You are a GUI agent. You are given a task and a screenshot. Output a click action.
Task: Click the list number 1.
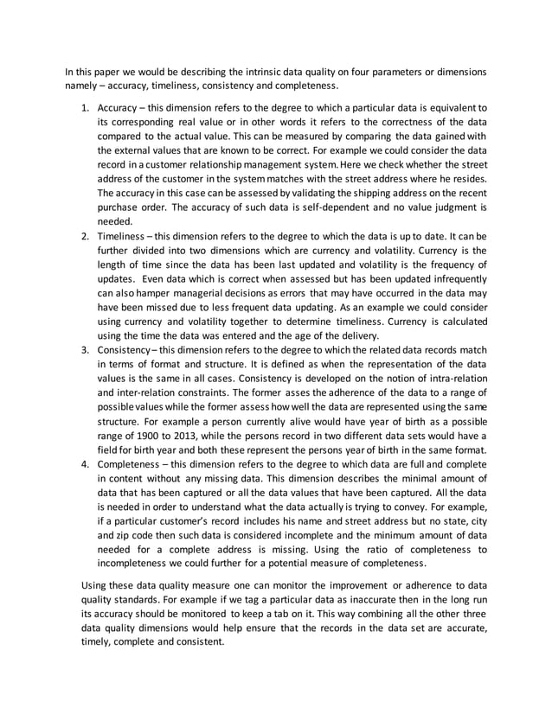point(84,108)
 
